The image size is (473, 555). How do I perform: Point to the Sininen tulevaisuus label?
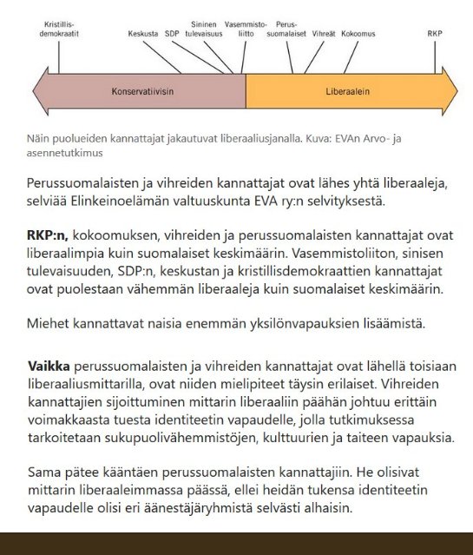[206, 29]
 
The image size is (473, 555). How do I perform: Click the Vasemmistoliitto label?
[244, 29]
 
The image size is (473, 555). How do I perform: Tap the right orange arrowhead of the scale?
[449, 90]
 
